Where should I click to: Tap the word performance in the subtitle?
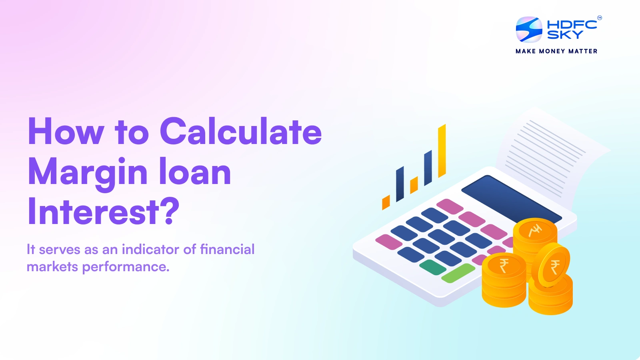click(126, 267)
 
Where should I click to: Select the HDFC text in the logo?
click(572, 24)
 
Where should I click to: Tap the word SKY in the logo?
click(565, 35)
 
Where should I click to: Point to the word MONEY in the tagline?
click(552, 51)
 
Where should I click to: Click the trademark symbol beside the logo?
click(599, 18)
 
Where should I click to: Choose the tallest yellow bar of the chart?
click(442, 151)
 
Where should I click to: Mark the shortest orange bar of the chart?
click(386, 202)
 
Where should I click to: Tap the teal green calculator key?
click(432, 267)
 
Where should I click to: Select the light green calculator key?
click(458, 273)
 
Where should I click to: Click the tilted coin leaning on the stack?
click(554, 266)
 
